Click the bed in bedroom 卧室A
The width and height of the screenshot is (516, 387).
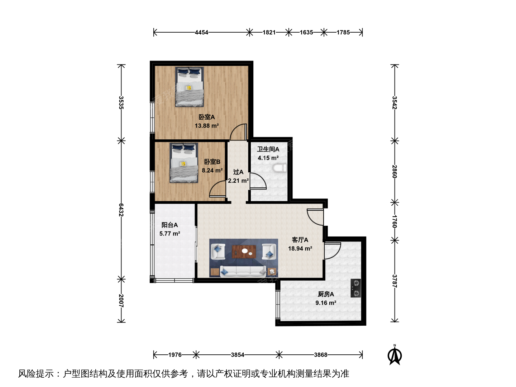(189, 87)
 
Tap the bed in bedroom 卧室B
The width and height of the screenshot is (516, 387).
(183, 163)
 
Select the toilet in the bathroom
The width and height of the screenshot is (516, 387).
(280, 168)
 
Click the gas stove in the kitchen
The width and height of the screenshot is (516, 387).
(356, 288)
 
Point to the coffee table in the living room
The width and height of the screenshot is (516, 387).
(244, 252)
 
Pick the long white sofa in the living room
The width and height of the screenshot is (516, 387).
(243, 271)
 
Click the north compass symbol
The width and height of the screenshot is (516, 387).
(395, 355)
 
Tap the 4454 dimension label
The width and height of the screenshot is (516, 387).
(201, 32)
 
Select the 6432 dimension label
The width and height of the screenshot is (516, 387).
(121, 210)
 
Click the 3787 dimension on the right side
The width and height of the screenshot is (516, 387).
(395, 281)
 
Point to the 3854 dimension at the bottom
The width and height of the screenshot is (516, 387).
(238, 355)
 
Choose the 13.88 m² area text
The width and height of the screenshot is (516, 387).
(207, 126)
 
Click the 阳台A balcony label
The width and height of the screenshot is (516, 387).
(169, 225)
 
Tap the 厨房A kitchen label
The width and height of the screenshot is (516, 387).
(326, 294)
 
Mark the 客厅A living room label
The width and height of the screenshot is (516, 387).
(300, 240)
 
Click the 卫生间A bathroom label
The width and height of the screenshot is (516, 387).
(268, 149)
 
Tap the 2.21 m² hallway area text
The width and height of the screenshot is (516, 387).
(238, 181)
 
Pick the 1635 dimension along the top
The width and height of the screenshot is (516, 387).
(306, 32)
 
